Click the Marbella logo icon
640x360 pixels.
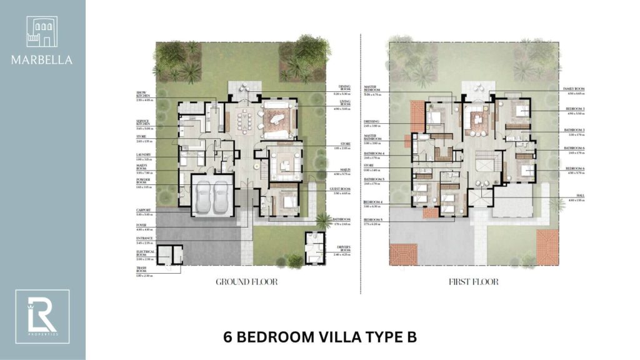pyautogui.click(x=42, y=32)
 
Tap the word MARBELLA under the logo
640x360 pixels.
pyautogui.click(x=42, y=61)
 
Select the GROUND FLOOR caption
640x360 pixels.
pyautogui.click(x=246, y=282)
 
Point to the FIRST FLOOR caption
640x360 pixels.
pyautogui.click(x=473, y=282)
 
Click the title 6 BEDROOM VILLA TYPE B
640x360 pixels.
pyautogui.click(x=319, y=337)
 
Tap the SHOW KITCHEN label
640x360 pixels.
pyautogui.click(x=145, y=95)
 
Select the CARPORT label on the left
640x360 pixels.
pyautogui.click(x=144, y=211)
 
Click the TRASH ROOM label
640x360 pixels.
pyautogui.click(x=144, y=270)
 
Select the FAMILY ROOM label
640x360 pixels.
pyautogui.click(x=573, y=89)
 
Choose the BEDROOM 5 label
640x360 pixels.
pyautogui.click(x=372, y=220)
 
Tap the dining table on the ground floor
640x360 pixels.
pyautogui.click(x=244, y=118)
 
